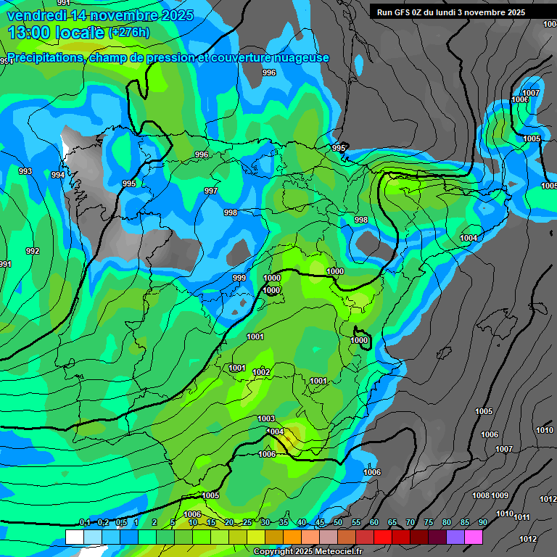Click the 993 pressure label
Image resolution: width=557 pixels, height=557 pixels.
pyautogui.click(x=25, y=171)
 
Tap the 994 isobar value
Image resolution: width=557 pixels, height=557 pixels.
pyautogui.click(x=58, y=175)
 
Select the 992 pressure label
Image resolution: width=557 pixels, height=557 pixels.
pyautogui.click(x=33, y=251)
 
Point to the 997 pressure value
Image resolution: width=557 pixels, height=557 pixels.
pyautogui.click(x=211, y=191)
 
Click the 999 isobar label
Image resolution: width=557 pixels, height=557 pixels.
pyautogui.click(x=239, y=278)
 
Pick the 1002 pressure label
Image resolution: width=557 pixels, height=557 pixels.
pyautogui.click(x=261, y=372)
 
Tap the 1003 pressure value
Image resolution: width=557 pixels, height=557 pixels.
pyautogui.click(x=266, y=418)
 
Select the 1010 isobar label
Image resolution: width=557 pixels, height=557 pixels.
pyautogui.click(x=545, y=430)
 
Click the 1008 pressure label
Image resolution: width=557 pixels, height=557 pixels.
pyautogui.click(x=481, y=495)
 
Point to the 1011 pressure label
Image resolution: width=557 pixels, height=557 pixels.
pyautogui.click(x=521, y=517)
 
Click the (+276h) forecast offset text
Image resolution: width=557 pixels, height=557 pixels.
pyautogui.click(x=129, y=32)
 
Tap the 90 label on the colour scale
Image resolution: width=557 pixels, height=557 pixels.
pyautogui.click(x=483, y=523)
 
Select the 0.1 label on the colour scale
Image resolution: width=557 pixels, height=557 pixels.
pyautogui.click(x=84, y=523)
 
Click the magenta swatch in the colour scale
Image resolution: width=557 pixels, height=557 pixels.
pyautogui.click(x=474, y=537)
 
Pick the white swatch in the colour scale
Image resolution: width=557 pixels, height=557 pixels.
pyautogui.click(x=74, y=537)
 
